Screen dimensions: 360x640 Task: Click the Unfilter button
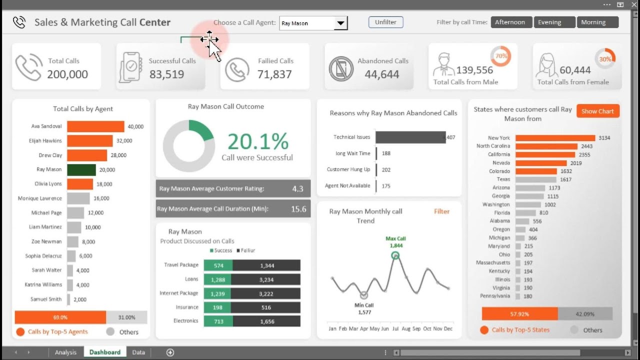(385, 22)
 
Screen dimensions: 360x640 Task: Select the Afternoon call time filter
(510, 22)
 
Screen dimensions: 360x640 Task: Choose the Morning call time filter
(597, 22)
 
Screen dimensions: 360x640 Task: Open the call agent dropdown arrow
(340, 23)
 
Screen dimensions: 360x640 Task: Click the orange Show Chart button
(597, 111)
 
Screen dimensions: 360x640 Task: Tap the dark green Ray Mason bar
(81, 169)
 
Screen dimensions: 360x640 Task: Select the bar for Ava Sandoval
(95, 126)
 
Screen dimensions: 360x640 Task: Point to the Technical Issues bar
(410, 137)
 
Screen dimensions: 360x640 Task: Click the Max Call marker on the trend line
(395, 255)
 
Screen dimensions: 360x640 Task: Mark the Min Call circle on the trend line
(364, 295)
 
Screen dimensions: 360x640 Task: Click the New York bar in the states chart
(555, 138)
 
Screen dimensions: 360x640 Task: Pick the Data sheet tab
(138, 352)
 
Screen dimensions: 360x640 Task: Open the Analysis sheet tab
(65, 352)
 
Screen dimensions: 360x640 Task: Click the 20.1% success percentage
(258, 141)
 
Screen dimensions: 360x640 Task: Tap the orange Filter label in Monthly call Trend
(441, 211)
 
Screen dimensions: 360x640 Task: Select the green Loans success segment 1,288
(218, 279)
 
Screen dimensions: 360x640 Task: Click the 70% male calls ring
(500, 56)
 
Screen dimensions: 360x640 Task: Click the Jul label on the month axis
(395, 329)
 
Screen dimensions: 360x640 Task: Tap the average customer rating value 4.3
(297, 189)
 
